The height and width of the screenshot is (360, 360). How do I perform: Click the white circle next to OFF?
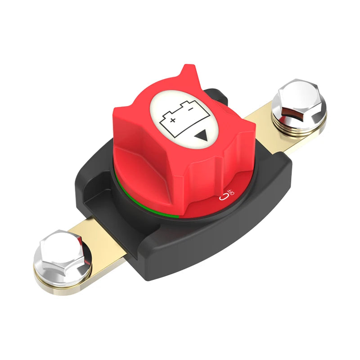[x=222, y=197]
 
